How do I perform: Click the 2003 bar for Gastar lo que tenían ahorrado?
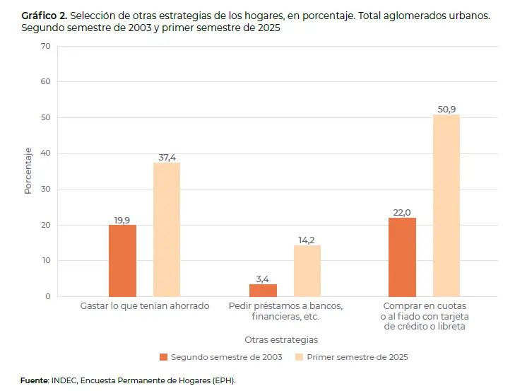coord(122,260)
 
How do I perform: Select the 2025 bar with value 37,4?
coord(167,229)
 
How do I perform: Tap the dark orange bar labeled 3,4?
coord(263,290)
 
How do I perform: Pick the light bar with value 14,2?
coord(307,271)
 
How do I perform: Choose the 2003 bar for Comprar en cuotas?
coord(402,257)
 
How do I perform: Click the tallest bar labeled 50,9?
coord(446,205)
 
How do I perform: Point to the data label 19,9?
coord(122,220)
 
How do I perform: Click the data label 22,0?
coord(402,212)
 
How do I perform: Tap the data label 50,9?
coord(446,109)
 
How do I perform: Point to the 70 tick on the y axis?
coord(46,46)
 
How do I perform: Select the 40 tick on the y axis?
coord(46,153)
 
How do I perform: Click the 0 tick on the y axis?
coord(48,296)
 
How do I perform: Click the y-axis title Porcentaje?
coord(28,171)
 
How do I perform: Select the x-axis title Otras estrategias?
coord(281,339)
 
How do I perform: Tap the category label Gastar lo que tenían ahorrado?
coord(145,306)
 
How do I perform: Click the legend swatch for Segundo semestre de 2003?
coord(164,357)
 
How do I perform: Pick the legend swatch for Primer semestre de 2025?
coord(300,357)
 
